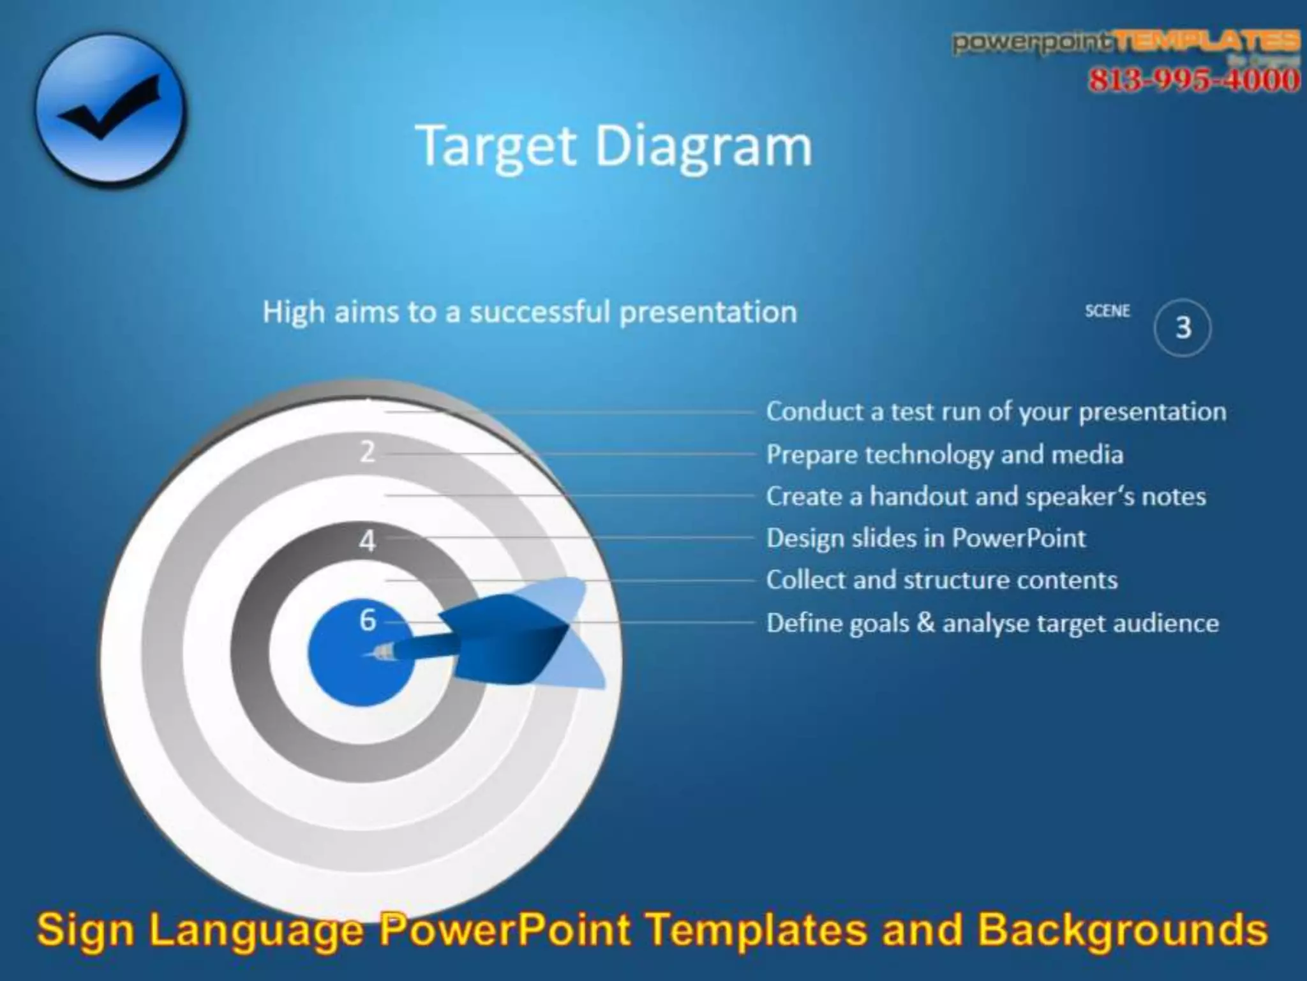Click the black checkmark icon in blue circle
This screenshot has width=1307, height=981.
tap(110, 109)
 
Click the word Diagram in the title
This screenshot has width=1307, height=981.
tap(703, 147)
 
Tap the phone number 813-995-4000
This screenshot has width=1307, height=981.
tap(1193, 80)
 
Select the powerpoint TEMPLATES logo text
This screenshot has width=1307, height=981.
tap(1126, 42)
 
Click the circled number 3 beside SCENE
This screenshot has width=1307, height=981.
tap(1183, 327)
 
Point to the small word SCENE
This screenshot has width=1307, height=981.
tap(1107, 311)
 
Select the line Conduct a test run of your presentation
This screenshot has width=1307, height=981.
tap(996, 412)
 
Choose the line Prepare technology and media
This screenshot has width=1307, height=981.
tap(945, 454)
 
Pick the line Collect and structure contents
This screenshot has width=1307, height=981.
tap(941, 580)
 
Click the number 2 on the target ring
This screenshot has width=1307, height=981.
tap(367, 452)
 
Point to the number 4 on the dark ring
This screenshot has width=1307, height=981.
tap(367, 541)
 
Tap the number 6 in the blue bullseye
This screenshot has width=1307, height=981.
tap(368, 620)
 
